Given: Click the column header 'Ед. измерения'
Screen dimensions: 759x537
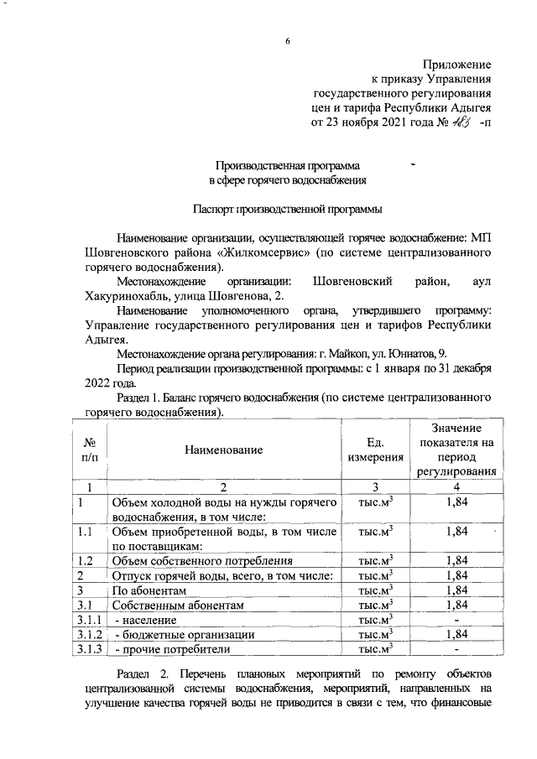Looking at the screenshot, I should click(x=376, y=450).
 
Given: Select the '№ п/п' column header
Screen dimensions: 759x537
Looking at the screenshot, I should click(x=89, y=450).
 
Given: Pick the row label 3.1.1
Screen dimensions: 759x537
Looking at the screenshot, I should click(x=89, y=620).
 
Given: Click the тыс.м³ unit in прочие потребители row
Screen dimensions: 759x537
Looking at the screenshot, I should click(x=376, y=649).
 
